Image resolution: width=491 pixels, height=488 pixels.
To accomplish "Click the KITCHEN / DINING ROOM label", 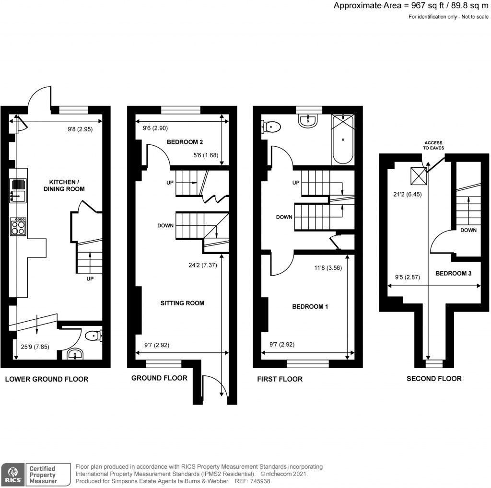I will point(67,186).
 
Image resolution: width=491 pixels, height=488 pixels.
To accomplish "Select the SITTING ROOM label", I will point(182,303).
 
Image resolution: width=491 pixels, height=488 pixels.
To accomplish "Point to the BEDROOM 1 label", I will point(310,306).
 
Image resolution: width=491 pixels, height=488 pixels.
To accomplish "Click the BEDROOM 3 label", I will point(453,274).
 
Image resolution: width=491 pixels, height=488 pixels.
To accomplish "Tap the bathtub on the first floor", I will point(343,139).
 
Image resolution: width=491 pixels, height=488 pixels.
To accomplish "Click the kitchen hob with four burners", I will point(18,226).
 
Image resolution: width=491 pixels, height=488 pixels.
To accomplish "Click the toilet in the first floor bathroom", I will point(271,127).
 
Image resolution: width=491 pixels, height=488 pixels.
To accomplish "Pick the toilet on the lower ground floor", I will point(93,337).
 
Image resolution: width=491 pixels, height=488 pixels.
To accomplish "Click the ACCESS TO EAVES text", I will point(433,145).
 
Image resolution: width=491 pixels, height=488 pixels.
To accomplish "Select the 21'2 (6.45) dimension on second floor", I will point(405,195).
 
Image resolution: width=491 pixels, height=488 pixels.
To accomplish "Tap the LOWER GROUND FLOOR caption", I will point(47,379).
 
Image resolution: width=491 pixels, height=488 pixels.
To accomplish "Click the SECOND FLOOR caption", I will point(434,379).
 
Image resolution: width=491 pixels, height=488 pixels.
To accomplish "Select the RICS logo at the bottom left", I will point(13,474).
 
